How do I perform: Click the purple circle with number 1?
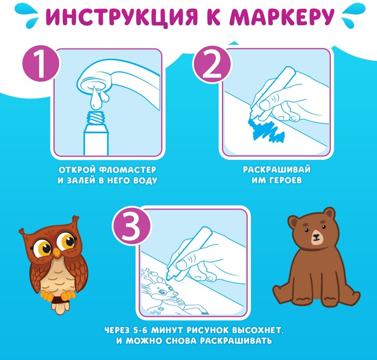[x=41, y=63]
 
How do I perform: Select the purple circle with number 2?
[x=212, y=64]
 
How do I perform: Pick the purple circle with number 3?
[x=131, y=226]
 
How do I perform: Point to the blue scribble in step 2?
[x=266, y=130]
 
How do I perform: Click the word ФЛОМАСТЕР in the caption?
[x=128, y=170]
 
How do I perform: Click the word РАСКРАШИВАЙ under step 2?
[x=277, y=170]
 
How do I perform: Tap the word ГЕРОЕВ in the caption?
[x=285, y=180]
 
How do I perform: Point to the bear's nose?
[x=316, y=236]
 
